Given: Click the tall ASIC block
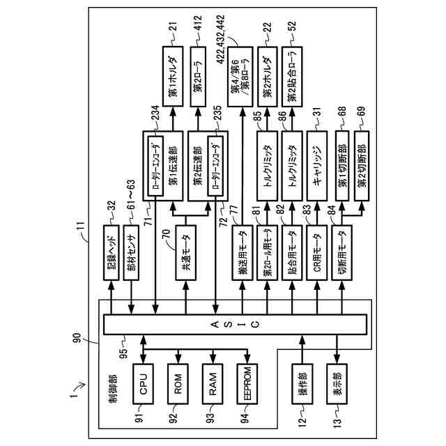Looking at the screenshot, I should (x=234, y=324).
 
